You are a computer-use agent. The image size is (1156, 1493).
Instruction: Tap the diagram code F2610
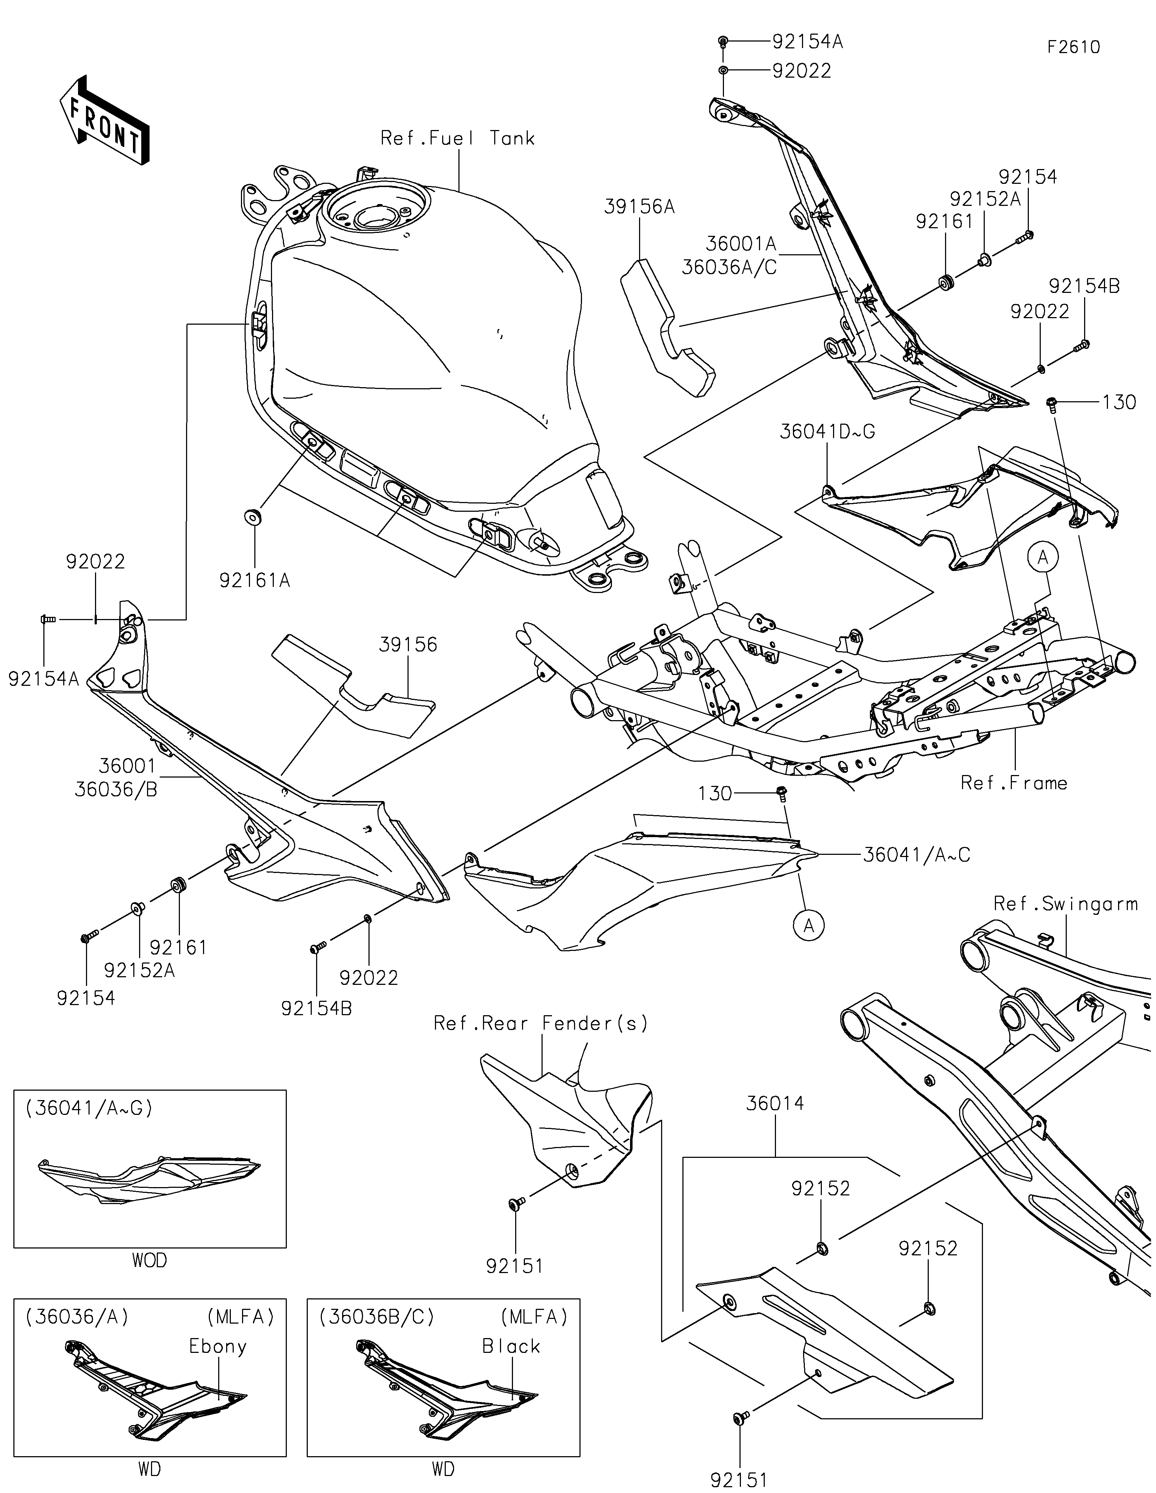tap(1073, 47)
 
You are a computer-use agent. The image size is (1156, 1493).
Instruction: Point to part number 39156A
tap(639, 207)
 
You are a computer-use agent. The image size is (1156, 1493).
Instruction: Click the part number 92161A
tap(254, 580)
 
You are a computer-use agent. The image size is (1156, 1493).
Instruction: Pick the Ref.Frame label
tap(1014, 783)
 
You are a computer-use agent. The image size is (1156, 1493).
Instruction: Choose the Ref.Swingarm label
tap(1065, 904)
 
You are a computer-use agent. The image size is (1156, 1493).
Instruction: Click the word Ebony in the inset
tap(217, 1347)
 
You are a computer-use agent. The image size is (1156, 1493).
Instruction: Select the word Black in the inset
tap(511, 1347)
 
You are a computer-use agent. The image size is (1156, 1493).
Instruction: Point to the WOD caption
tap(149, 1260)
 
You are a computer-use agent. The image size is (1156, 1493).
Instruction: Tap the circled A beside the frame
tap(1043, 558)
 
